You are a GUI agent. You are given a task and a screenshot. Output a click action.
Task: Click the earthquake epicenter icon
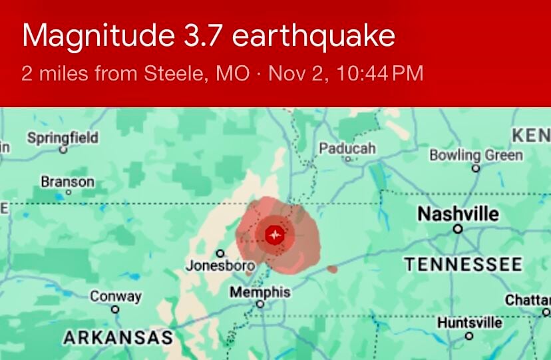(274, 235)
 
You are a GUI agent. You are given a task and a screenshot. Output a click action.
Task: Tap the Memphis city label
(260, 292)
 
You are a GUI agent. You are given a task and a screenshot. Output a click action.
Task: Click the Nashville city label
(458, 214)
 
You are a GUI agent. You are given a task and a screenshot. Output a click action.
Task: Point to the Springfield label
(63, 138)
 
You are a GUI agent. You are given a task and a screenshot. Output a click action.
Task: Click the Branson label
(68, 181)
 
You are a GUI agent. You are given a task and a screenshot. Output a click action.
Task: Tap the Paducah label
(347, 148)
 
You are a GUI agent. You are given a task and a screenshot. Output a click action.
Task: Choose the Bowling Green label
(476, 155)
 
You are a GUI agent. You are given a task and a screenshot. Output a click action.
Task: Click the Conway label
(116, 296)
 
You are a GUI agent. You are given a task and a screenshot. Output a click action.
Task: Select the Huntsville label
(470, 323)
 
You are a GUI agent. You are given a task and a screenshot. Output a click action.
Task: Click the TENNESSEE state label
(463, 264)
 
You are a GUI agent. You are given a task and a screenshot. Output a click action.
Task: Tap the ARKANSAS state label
(118, 338)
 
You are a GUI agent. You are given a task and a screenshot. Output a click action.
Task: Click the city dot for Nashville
(458, 228)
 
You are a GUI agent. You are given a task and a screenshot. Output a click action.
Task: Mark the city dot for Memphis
(260, 304)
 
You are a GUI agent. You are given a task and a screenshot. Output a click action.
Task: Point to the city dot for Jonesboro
(220, 253)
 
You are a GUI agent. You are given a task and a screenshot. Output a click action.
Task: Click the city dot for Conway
(115, 309)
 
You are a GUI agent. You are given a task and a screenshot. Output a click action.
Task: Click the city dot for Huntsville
(469, 335)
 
